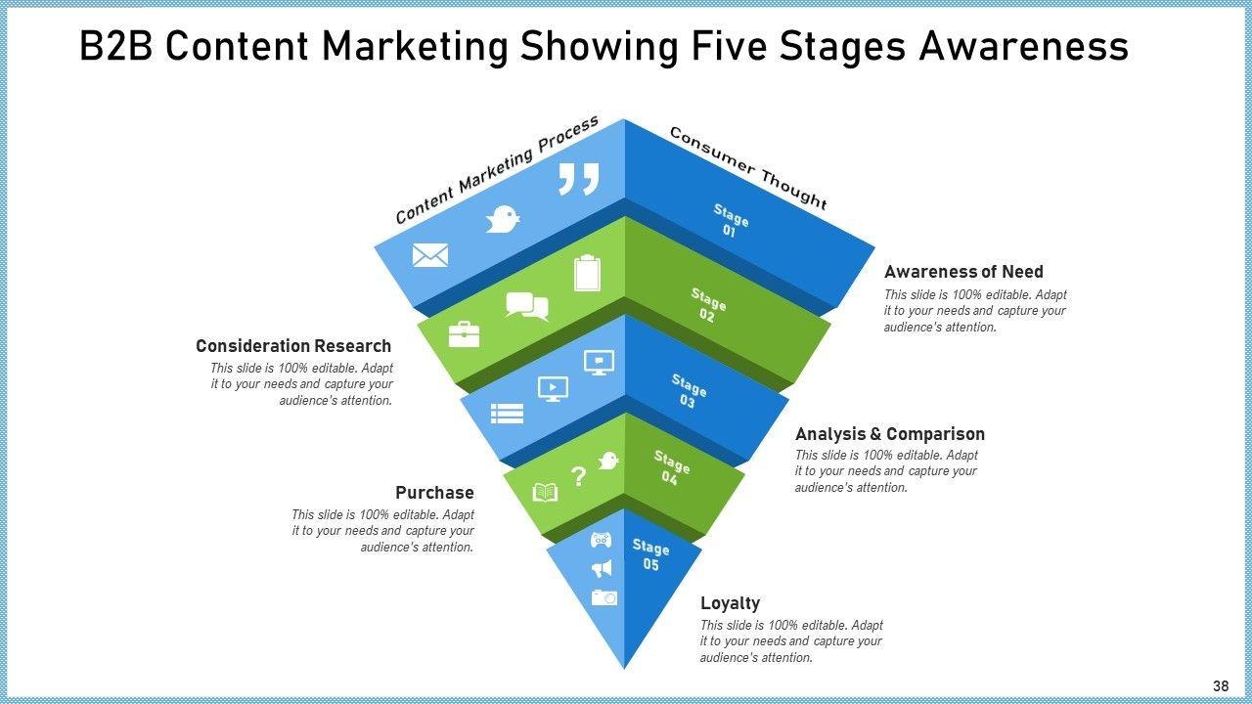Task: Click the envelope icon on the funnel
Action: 430,256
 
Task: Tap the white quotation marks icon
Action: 578,180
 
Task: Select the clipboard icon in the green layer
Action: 587,273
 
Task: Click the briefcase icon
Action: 464,335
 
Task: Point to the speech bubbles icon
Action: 527,306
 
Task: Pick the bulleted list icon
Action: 507,414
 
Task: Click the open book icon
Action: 545,492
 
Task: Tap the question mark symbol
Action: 578,476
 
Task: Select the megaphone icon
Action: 602,568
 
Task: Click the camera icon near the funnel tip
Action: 604,596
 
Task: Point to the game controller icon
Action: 601,539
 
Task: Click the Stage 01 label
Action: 730,221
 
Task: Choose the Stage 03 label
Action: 689,391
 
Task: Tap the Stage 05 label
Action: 650,555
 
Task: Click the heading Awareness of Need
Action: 963,272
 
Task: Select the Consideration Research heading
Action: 293,346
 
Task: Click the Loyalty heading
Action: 730,603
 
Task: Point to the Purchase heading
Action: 434,493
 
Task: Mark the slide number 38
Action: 1220,686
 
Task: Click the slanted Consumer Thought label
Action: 748,168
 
